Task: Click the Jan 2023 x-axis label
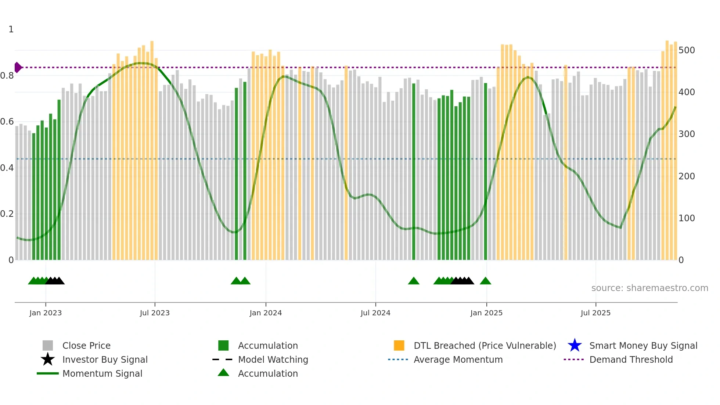pyautogui.click(x=46, y=313)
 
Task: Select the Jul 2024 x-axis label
pyautogui.click(x=375, y=313)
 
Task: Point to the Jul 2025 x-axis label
pyautogui.click(x=595, y=313)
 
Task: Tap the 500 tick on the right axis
pyautogui.click(x=687, y=50)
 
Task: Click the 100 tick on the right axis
pyautogui.click(x=687, y=218)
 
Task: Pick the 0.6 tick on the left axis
pyautogui.click(x=7, y=122)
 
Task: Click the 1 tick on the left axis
pyautogui.click(x=11, y=29)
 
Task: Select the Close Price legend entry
pyautogui.click(x=86, y=345)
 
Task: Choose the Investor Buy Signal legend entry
pyautogui.click(x=105, y=359)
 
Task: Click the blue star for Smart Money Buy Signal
pyautogui.click(x=575, y=345)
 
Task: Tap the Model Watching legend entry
pyautogui.click(x=273, y=359)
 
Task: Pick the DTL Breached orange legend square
pyautogui.click(x=399, y=345)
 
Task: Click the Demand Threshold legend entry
pyautogui.click(x=631, y=359)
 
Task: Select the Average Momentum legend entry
pyautogui.click(x=458, y=359)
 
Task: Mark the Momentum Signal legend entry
pyautogui.click(x=102, y=373)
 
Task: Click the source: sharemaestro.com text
pyautogui.click(x=649, y=288)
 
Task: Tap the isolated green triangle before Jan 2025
pyautogui.click(x=485, y=281)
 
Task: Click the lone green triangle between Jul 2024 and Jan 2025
pyautogui.click(x=414, y=281)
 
